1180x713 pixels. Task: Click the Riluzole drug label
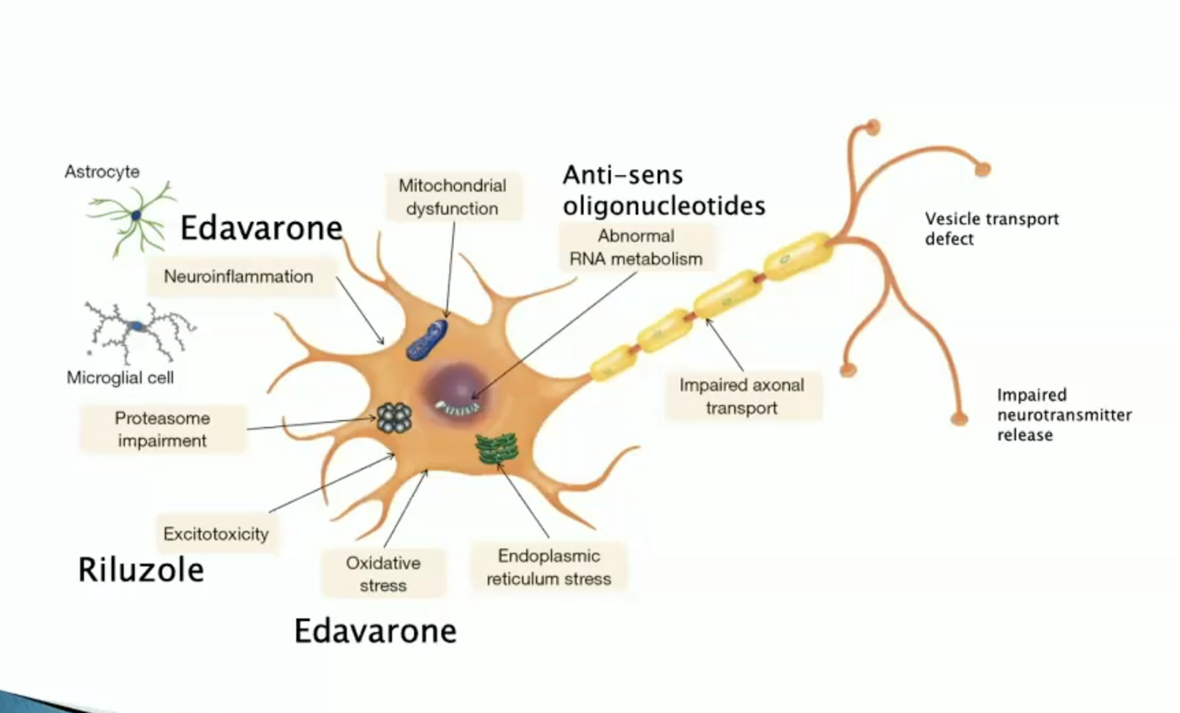point(142,570)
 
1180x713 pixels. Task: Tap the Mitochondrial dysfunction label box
point(452,197)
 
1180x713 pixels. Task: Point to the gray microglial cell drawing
point(138,331)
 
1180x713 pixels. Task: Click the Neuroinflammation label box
point(239,277)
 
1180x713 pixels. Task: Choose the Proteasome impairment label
point(163,428)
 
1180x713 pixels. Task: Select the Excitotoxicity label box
point(216,533)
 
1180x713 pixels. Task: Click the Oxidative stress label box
point(383,574)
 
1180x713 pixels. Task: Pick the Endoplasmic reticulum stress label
point(548,567)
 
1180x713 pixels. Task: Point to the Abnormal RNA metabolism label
point(637,248)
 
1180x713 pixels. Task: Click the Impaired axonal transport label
point(742,396)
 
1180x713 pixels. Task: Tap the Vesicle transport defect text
point(992,228)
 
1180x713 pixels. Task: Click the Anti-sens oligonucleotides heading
point(663,190)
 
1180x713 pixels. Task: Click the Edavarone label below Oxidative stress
point(375,631)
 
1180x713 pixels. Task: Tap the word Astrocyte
point(102,172)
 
